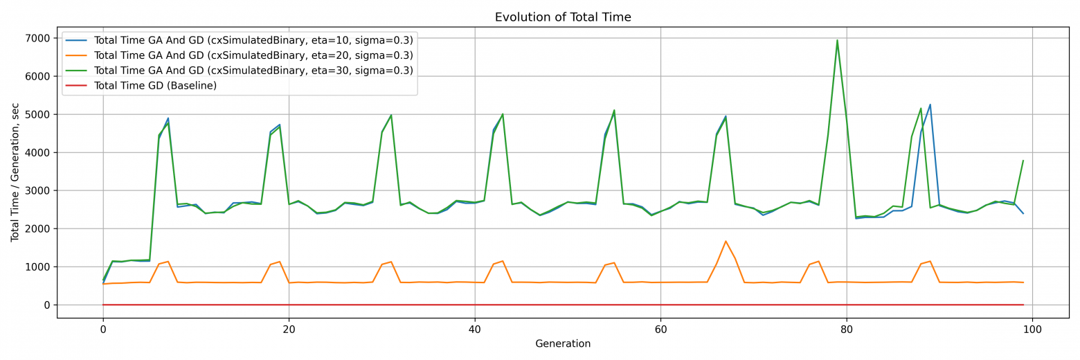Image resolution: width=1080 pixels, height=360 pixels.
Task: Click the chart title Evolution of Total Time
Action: pos(562,17)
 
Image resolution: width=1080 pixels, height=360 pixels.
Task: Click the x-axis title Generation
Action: pos(562,344)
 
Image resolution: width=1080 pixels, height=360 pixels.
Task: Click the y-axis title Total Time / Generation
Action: pos(15,172)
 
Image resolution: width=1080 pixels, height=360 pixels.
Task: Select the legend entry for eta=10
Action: pos(253,40)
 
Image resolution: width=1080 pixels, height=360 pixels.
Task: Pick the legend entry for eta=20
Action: pos(253,55)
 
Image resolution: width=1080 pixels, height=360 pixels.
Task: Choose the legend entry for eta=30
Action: pos(253,71)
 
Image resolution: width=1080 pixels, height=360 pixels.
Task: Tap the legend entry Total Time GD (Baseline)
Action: pos(155,86)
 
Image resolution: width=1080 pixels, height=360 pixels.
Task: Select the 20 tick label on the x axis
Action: pos(289,330)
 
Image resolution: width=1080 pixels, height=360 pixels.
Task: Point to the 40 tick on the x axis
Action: pos(475,330)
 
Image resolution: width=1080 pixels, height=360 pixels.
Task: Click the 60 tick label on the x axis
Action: pos(660,330)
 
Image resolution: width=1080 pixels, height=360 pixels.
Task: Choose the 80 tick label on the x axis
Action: pos(847,330)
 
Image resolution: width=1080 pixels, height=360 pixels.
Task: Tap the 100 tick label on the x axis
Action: pos(1032,330)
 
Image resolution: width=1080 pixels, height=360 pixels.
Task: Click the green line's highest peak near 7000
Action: pos(837,40)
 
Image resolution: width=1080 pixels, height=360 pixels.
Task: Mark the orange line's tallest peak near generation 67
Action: pos(726,242)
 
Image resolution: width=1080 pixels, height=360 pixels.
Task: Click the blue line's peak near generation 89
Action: pos(930,105)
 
